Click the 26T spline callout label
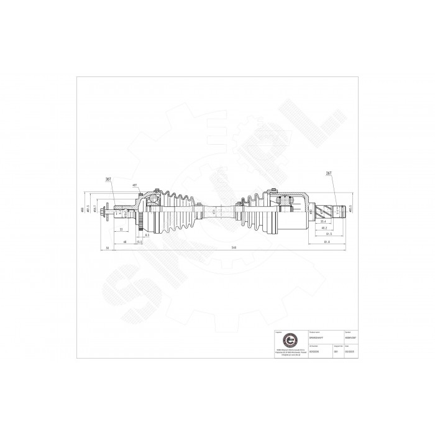(329, 173)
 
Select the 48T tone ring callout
(135, 185)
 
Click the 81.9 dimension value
(326, 242)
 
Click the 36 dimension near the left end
(108, 247)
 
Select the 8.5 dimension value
(147, 236)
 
